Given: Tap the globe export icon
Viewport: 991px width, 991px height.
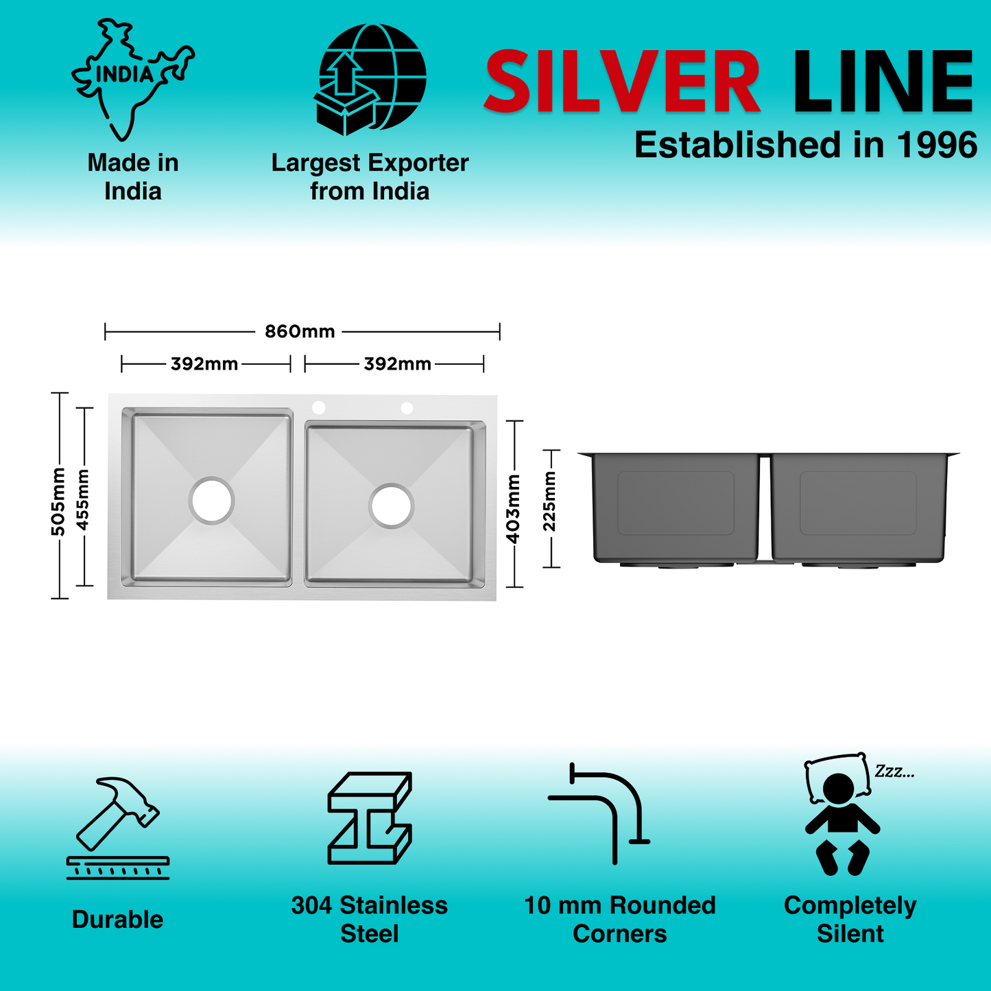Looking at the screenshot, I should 370,79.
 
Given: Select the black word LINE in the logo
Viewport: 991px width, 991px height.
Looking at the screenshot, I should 883,82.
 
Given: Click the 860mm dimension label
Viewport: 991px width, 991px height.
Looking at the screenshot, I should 300,332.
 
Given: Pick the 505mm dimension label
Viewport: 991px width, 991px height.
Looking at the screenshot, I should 58,501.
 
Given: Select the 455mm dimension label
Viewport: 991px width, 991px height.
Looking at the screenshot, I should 83,499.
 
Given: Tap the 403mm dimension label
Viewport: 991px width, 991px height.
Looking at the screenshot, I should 514,508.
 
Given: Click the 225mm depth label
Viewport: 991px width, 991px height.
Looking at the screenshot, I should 550,501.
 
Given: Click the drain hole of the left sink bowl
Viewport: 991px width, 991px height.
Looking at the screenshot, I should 212,500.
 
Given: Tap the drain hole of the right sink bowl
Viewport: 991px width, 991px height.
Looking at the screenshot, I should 392,506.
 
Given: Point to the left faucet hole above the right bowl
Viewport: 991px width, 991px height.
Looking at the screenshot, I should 318,407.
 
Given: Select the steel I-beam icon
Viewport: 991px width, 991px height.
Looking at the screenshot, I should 370,817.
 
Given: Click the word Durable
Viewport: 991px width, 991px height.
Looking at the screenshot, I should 118,920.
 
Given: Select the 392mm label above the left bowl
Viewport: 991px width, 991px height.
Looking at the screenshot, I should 204,364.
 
